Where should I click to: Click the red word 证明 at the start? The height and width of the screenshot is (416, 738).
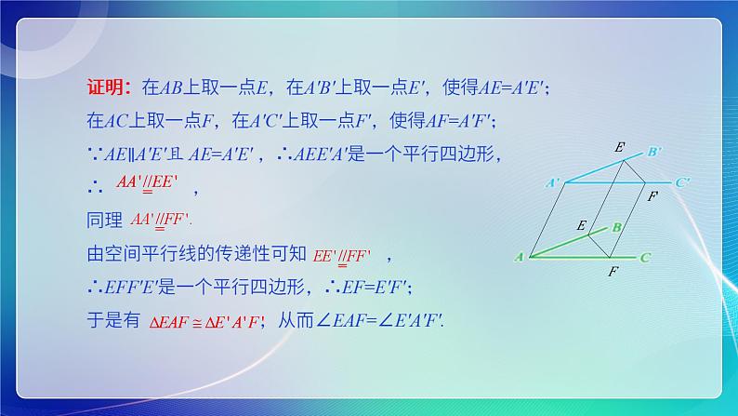101,89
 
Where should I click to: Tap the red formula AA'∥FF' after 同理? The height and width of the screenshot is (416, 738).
160,220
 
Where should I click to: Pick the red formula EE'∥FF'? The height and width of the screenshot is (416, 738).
342,252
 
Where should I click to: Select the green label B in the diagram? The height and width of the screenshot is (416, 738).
617,226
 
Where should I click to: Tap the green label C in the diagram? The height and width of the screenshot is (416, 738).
645,256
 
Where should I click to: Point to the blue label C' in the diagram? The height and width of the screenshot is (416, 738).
681,183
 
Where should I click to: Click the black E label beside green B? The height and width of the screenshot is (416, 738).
581,225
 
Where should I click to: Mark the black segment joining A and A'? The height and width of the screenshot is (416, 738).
542,219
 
